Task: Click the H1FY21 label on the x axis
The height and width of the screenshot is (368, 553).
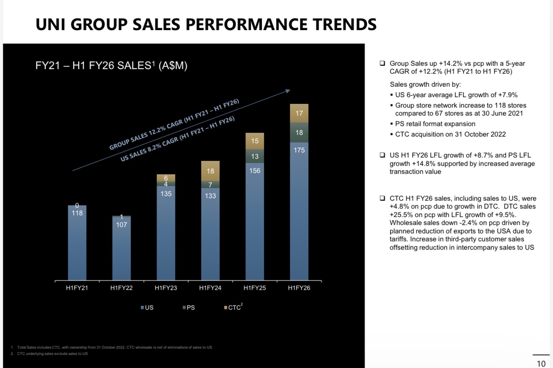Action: tap(77, 288)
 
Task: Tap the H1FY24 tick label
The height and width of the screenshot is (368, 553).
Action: tap(210, 288)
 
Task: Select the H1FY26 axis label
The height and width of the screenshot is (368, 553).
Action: tap(299, 288)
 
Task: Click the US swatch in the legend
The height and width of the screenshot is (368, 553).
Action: tap(142, 308)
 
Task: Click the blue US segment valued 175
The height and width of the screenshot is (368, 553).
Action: tap(299, 210)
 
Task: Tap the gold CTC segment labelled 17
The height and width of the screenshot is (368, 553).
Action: tap(299, 113)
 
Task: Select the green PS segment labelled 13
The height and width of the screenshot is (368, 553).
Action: tap(255, 156)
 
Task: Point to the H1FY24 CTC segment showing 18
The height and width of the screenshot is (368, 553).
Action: tap(210, 171)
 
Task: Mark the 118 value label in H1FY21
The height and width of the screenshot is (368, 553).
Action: tap(77, 213)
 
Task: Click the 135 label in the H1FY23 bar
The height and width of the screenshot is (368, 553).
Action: tap(166, 194)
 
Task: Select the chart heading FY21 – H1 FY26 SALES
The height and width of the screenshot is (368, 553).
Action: tap(111, 66)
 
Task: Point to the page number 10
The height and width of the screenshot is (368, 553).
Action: tap(541, 363)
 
